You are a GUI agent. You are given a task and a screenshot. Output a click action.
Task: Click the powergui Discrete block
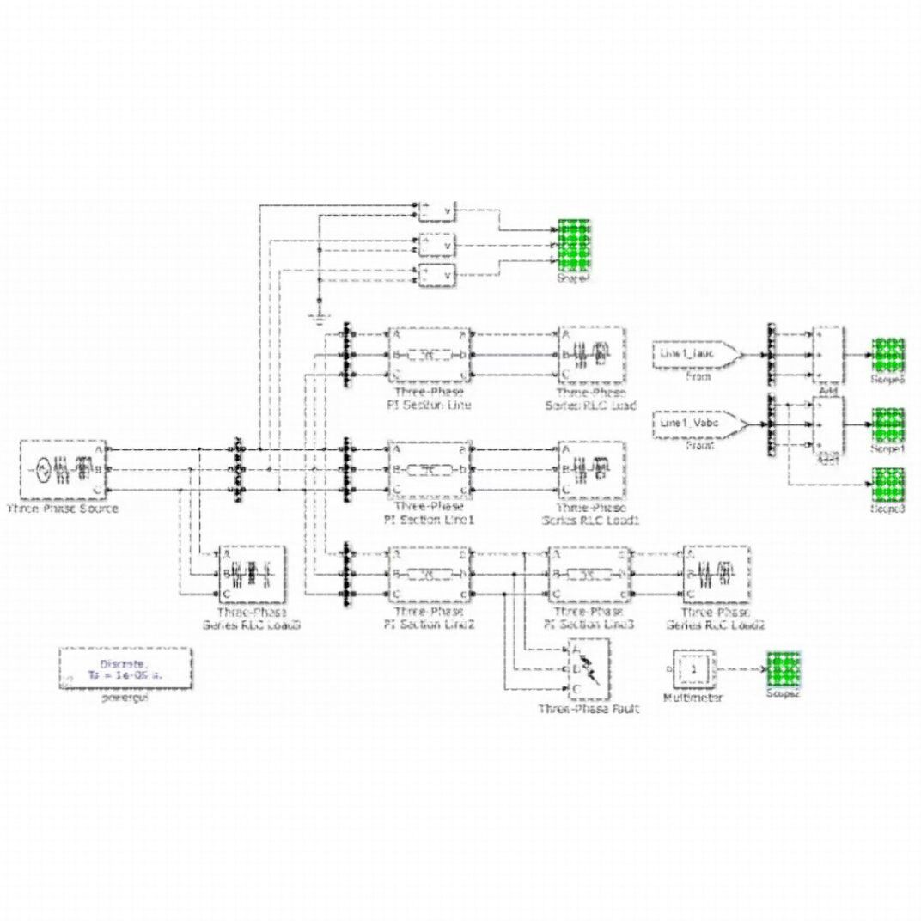[x=125, y=669]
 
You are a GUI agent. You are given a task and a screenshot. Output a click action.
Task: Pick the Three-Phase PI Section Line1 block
[x=430, y=469]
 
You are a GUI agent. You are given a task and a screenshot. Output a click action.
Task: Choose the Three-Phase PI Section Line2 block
[x=430, y=574]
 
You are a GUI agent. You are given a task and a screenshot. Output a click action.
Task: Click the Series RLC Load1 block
[x=591, y=469]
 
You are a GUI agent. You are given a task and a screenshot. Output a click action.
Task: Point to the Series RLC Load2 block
[x=715, y=574]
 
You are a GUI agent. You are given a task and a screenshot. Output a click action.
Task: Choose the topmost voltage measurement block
[x=437, y=211]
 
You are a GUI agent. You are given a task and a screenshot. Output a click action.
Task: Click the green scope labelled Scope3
[x=888, y=487]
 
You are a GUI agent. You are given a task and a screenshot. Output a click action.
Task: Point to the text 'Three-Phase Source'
[x=62, y=509]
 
